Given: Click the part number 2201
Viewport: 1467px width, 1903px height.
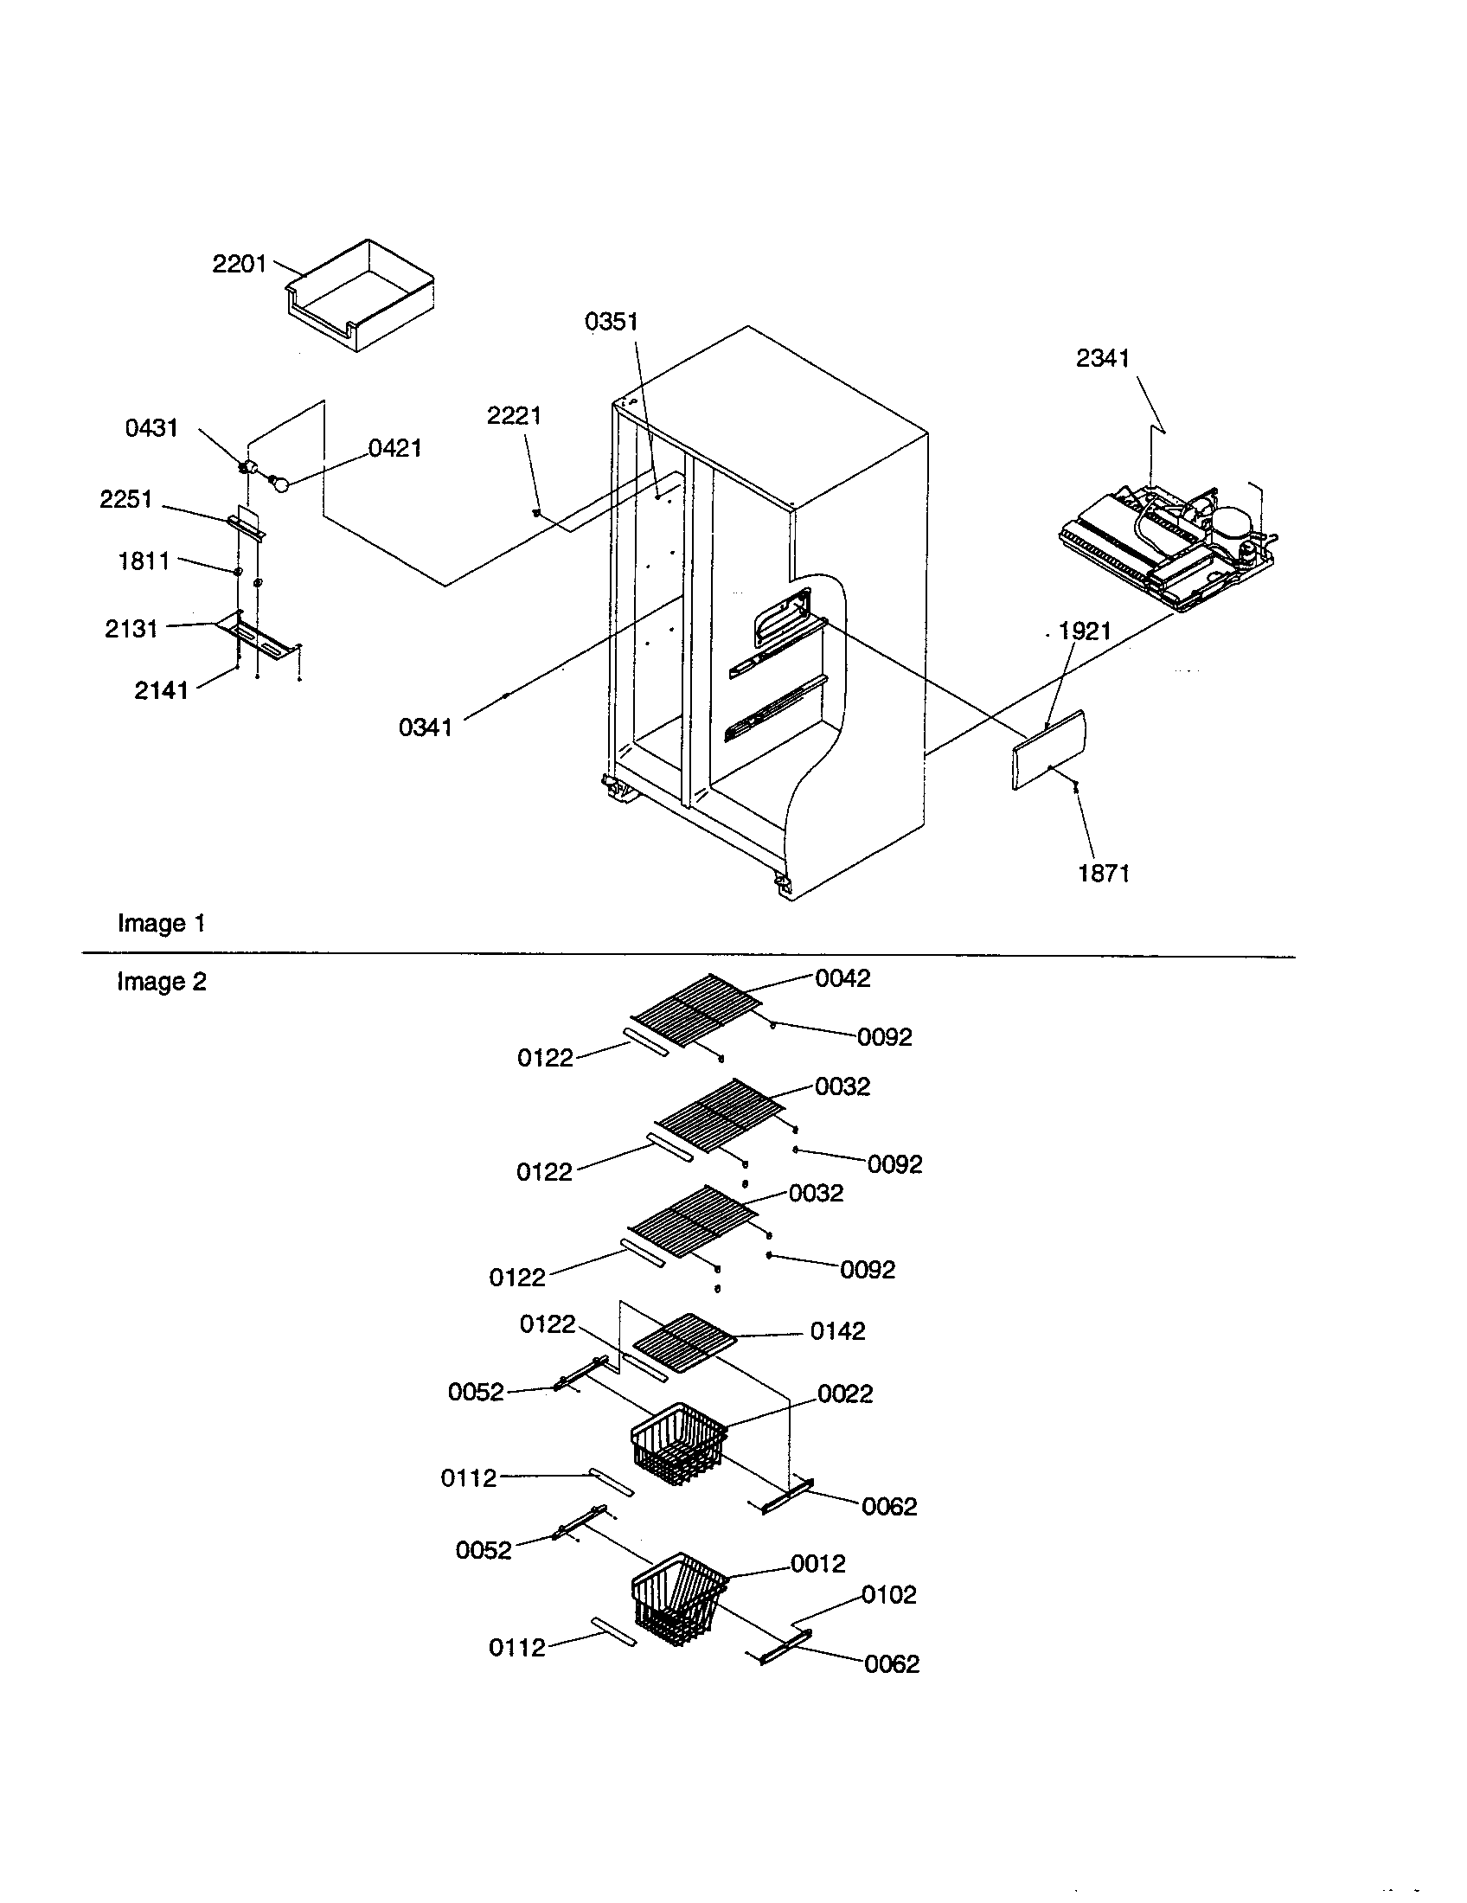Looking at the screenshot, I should point(239,263).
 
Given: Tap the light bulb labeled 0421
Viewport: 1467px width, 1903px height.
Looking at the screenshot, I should point(280,481).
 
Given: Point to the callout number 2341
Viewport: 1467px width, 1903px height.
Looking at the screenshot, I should point(1102,358).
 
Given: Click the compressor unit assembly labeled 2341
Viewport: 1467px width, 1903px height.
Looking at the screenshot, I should point(1168,549).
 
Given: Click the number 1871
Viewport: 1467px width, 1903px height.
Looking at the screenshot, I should point(1104,873).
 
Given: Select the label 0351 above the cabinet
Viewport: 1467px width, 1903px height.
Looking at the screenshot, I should point(611,322).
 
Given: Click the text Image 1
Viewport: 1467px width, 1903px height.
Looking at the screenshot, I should point(161,924).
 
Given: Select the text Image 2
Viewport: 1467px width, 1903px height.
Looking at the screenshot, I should point(161,982).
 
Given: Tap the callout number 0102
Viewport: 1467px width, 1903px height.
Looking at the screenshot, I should point(888,1594).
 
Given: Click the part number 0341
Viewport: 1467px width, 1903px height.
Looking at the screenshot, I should point(425,727).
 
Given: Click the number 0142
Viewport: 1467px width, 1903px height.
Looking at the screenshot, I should point(837,1330).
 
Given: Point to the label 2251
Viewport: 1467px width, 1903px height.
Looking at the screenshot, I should point(125,499).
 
